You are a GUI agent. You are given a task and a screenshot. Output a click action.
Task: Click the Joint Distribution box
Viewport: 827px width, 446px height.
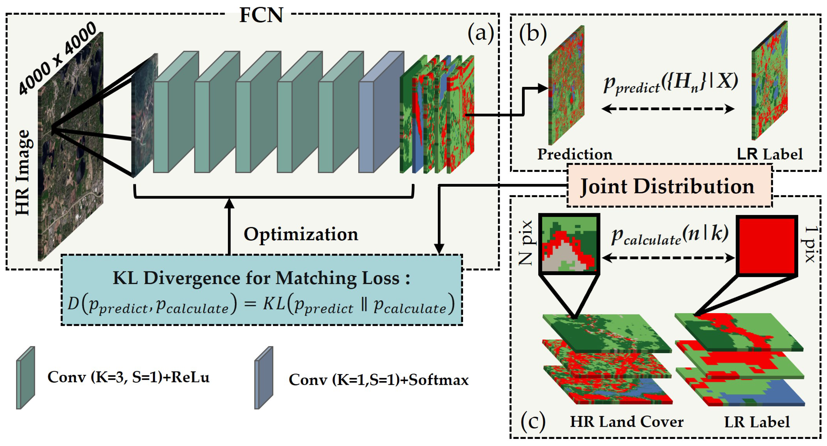click(x=669, y=186)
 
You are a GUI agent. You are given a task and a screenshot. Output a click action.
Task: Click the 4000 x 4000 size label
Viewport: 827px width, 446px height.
click(x=57, y=58)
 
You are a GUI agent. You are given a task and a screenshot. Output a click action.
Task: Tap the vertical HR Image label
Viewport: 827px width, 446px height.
click(x=23, y=173)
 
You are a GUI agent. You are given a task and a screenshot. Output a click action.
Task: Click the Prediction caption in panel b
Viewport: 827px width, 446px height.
click(x=575, y=154)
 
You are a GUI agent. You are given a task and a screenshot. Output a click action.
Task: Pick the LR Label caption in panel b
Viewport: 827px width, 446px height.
click(x=770, y=154)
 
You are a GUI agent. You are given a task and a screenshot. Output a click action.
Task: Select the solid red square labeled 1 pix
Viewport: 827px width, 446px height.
click(x=767, y=246)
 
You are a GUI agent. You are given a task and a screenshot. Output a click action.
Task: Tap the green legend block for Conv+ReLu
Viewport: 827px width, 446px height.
click(x=26, y=377)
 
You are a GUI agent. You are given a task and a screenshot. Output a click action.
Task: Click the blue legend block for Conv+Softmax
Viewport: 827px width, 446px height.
click(x=264, y=377)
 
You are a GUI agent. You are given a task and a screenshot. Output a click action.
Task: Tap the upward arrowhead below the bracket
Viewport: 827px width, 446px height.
click(x=229, y=203)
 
